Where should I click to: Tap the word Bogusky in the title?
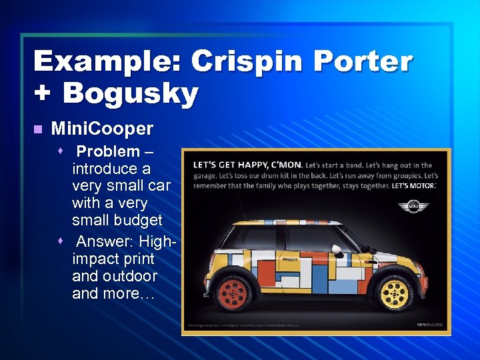coord(130,93)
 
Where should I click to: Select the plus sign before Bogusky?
coord(43,93)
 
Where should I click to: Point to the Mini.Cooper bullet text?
coord(102,128)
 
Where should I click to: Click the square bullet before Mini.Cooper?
coord(37,128)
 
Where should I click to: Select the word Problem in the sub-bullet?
coord(108,151)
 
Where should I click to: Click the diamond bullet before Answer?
coord(61,241)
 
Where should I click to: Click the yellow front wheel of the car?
coord(393,294)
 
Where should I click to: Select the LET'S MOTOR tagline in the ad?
coord(414,185)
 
